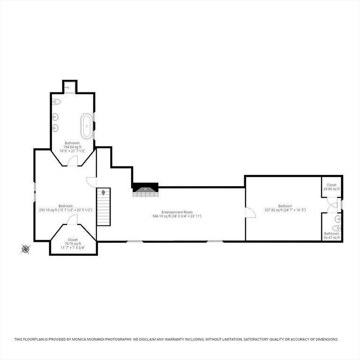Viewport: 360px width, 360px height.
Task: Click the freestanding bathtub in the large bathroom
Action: [87, 126]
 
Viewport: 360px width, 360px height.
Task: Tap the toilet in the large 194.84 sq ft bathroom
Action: [56, 102]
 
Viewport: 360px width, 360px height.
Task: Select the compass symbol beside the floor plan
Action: [25, 249]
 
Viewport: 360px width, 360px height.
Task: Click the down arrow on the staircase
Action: [103, 192]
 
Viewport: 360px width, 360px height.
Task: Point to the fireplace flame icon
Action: [145, 189]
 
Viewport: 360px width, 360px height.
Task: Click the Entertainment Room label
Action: [177, 212]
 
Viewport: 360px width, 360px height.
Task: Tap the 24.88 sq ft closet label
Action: [331, 187]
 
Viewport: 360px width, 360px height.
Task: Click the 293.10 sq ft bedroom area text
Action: [48, 210]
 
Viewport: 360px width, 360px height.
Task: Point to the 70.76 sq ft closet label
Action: [73, 244]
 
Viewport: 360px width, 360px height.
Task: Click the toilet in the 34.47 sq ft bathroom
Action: [337, 228]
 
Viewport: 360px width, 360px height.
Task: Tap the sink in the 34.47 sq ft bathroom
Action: [338, 219]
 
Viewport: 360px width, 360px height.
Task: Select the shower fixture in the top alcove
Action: [68, 88]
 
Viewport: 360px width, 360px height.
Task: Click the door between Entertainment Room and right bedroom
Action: [250, 212]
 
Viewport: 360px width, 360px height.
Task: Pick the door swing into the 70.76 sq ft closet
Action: [72, 220]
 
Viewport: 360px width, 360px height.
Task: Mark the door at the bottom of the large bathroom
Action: [73, 161]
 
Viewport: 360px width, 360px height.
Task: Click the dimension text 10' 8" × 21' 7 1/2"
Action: [72, 151]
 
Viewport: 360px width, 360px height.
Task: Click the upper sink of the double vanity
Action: [55, 117]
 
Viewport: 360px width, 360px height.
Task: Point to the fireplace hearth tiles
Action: [146, 194]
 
